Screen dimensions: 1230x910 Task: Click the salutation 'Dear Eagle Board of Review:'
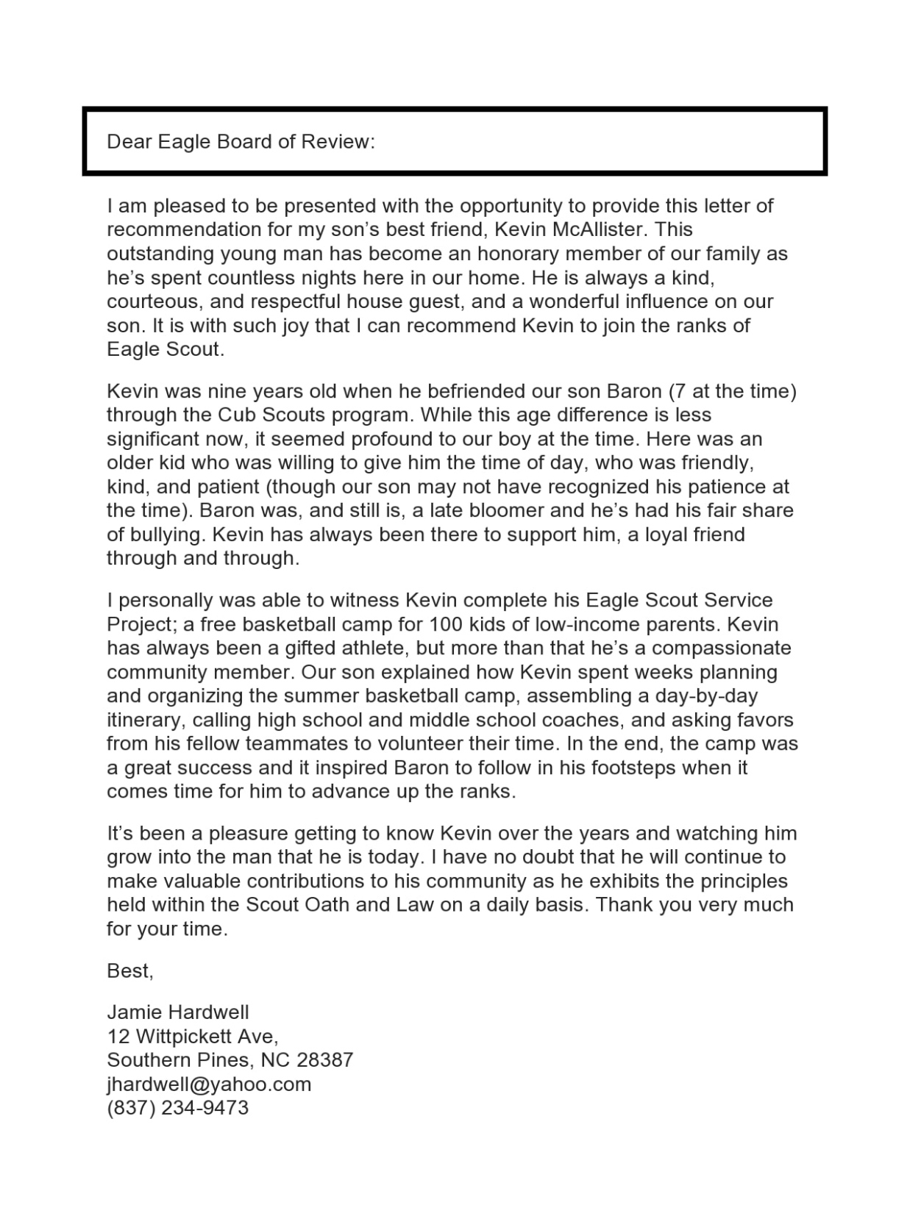point(241,141)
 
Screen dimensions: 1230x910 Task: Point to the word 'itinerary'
point(143,720)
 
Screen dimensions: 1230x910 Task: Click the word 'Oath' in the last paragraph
point(327,904)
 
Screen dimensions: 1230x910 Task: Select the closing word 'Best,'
point(130,970)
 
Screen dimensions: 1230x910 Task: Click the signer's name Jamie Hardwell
point(178,1012)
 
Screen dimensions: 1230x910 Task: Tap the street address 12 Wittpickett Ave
point(193,1037)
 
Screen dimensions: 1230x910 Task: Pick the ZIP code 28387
point(324,1060)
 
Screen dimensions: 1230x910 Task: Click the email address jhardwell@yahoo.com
point(209,1084)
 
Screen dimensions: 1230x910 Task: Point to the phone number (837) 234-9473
point(178,1108)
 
